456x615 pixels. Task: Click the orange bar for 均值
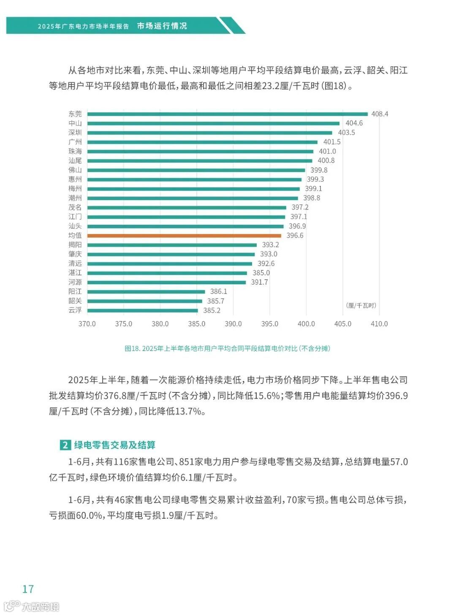(x=184, y=236)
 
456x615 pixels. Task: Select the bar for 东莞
(x=227, y=114)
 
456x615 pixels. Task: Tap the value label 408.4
(x=380, y=114)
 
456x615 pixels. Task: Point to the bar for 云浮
(x=142, y=310)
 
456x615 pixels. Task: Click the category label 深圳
(x=75, y=133)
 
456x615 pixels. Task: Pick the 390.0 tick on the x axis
(x=233, y=324)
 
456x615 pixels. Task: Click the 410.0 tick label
(x=379, y=324)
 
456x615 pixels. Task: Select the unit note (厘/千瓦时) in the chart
(x=361, y=305)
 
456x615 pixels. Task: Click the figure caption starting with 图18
(x=227, y=348)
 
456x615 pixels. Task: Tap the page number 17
(x=28, y=589)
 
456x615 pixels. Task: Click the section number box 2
(x=65, y=445)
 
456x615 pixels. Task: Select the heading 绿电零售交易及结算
(x=115, y=445)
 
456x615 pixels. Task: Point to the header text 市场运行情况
(x=162, y=26)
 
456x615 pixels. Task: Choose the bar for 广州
(x=202, y=142)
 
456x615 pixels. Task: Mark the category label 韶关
(x=75, y=301)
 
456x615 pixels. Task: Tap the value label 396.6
(x=295, y=236)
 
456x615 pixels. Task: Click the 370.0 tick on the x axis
(x=87, y=324)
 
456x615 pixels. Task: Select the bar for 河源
(x=166, y=282)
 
